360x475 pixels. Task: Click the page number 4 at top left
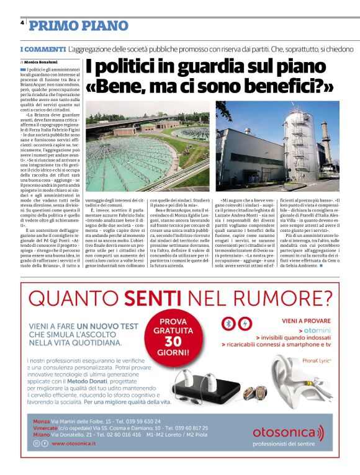[22, 22]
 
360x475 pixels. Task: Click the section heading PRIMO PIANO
[78, 25]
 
